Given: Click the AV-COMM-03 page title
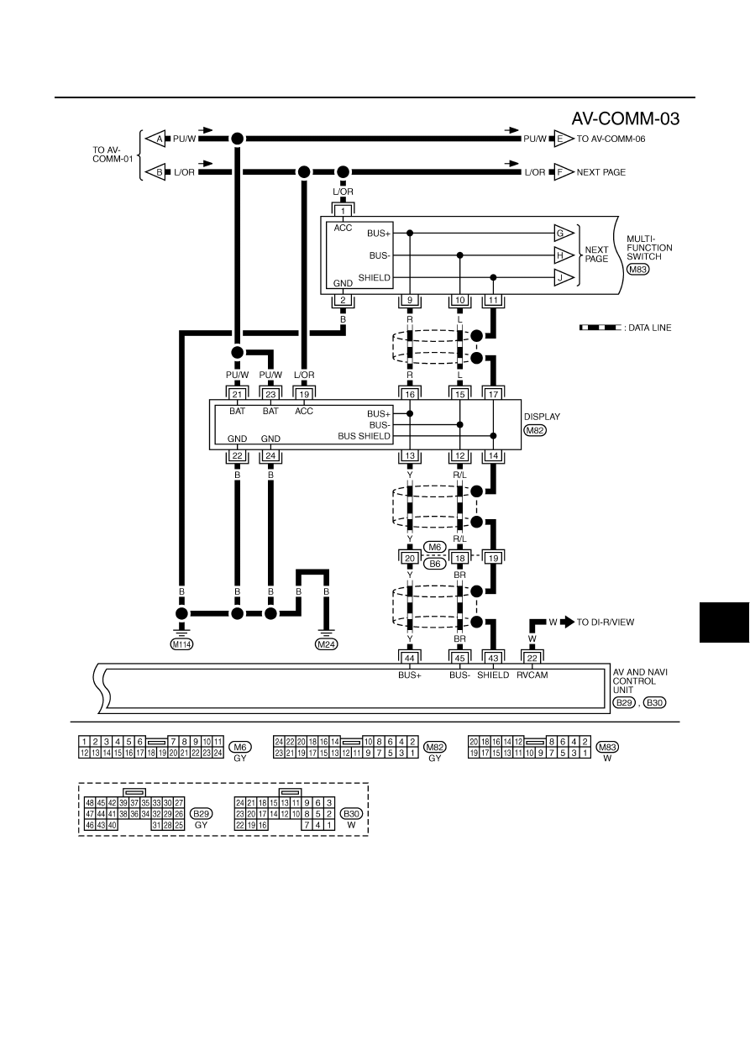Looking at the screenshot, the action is [625, 118].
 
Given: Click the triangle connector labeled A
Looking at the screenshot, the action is [155, 139].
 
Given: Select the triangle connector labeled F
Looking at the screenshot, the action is [564, 172].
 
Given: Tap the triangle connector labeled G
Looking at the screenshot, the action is [564, 233].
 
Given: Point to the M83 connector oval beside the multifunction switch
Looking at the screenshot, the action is [637, 269].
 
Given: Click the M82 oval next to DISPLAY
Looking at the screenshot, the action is [535, 430].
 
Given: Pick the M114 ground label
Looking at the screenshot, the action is [181, 644].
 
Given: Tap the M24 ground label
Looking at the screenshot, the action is [326, 644].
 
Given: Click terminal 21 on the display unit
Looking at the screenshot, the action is [237, 394].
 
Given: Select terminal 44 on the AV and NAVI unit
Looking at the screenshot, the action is [410, 658].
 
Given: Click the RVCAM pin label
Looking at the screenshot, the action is [532, 675].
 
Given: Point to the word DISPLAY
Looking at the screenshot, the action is [543, 417].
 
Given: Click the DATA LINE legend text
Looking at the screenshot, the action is [649, 328].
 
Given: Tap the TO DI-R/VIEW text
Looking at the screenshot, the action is [605, 622].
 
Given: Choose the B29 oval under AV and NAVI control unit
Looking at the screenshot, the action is [624, 702].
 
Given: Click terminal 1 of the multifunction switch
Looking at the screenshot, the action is [344, 211].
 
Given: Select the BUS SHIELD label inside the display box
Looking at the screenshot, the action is [365, 436].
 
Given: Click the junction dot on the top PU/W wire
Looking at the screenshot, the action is [237, 139].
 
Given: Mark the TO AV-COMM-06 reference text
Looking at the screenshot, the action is [611, 139].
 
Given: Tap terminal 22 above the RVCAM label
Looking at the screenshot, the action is [532, 658].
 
